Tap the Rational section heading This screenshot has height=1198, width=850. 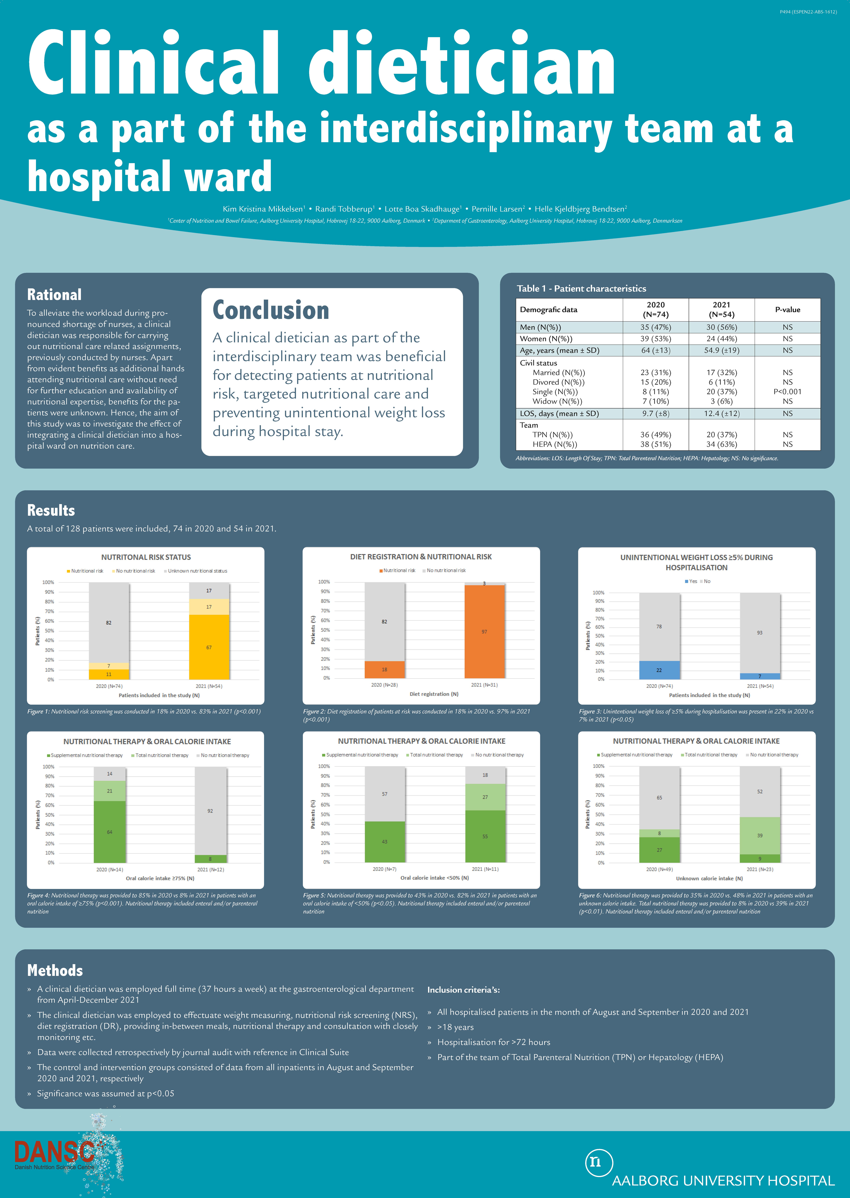[54, 295]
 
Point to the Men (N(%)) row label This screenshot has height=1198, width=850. [540, 327]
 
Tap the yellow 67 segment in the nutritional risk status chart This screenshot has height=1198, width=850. [209, 647]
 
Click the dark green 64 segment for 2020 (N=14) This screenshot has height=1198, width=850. [110, 832]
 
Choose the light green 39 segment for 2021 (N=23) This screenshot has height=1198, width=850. [760, 835]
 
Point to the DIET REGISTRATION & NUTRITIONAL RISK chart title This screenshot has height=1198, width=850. [421, 557]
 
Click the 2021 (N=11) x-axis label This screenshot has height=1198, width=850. [485, 869]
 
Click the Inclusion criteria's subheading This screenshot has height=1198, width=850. [463, 990]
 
